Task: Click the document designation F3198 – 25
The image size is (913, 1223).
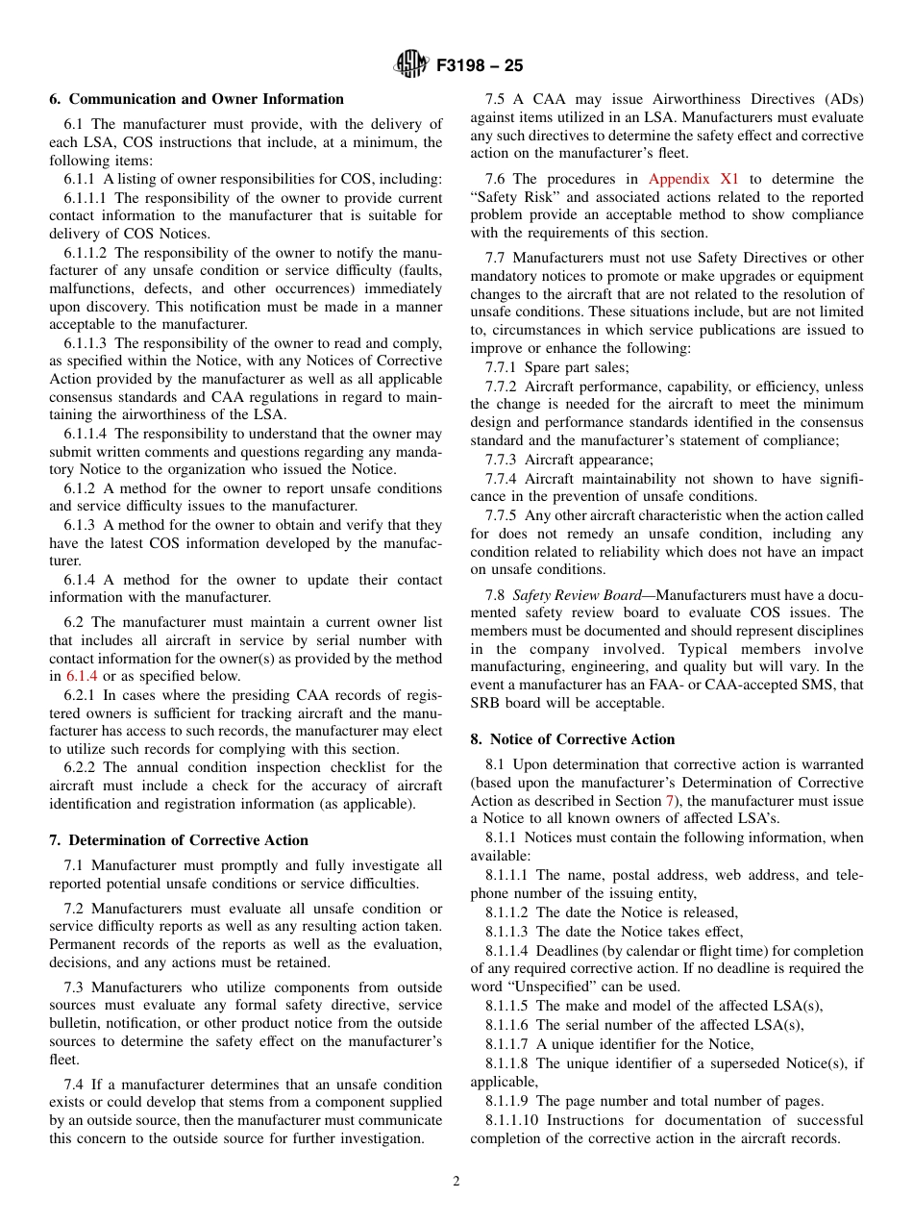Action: [480, 66]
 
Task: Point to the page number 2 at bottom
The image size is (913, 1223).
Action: [456, 1181]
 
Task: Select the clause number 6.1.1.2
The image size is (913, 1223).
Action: [86, 252]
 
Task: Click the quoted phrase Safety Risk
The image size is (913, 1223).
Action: [507, 197]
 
